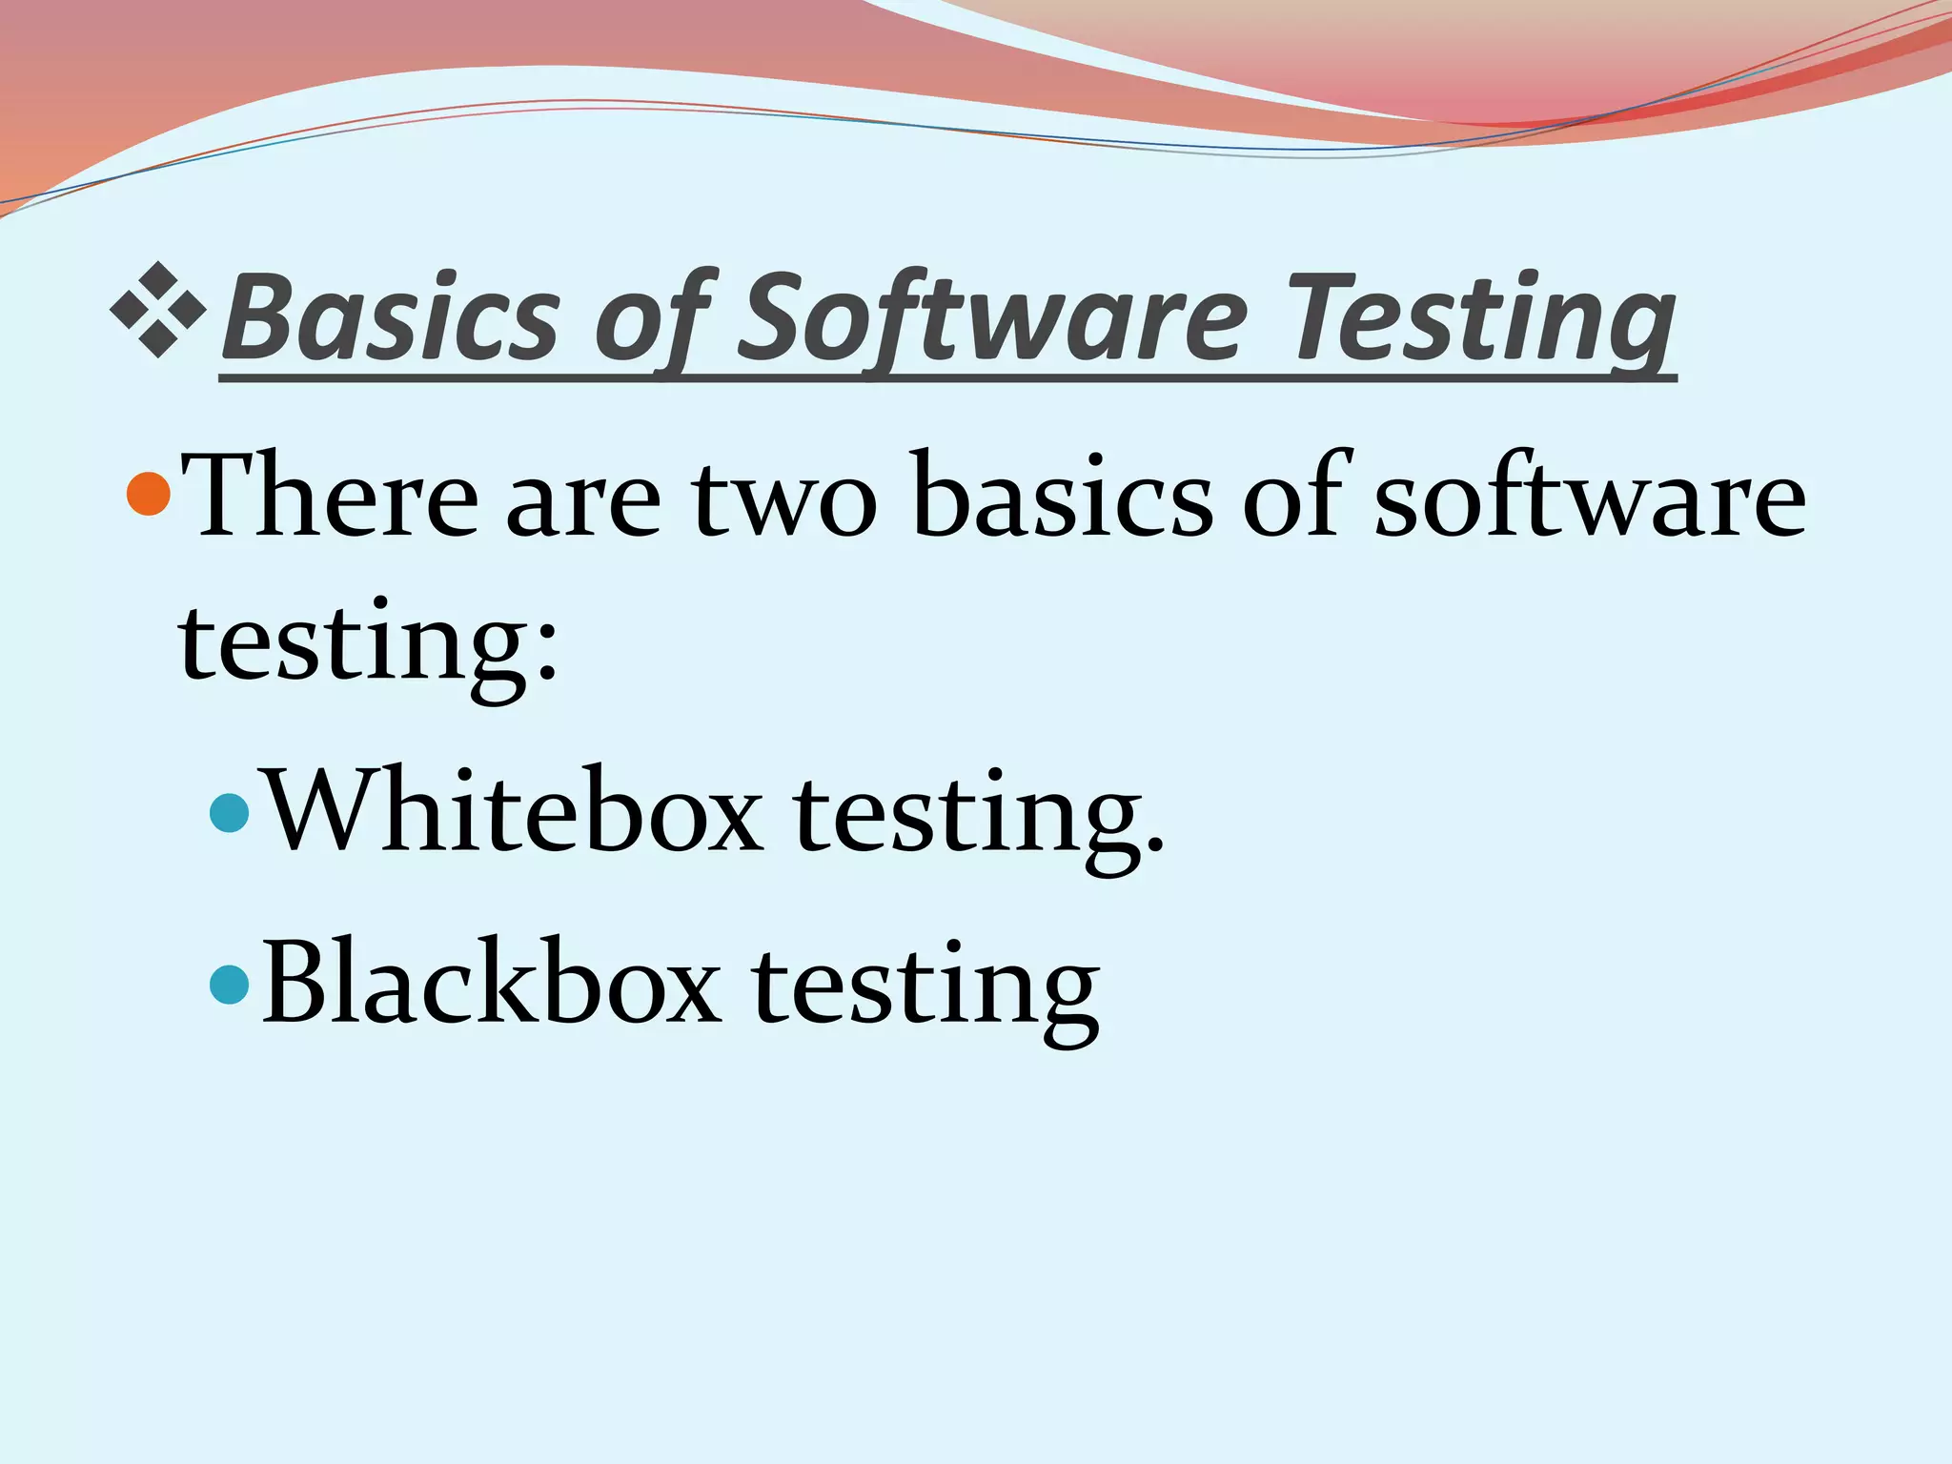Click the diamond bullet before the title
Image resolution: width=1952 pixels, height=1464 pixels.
tap(158, 311)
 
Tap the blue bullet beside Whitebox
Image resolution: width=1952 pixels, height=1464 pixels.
tap(229, 813)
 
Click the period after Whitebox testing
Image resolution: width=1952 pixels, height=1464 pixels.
tap(1154, 844)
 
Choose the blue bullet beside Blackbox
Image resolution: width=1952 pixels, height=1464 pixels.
tap(229, 985)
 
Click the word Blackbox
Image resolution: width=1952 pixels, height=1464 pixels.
tap(491, 983)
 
